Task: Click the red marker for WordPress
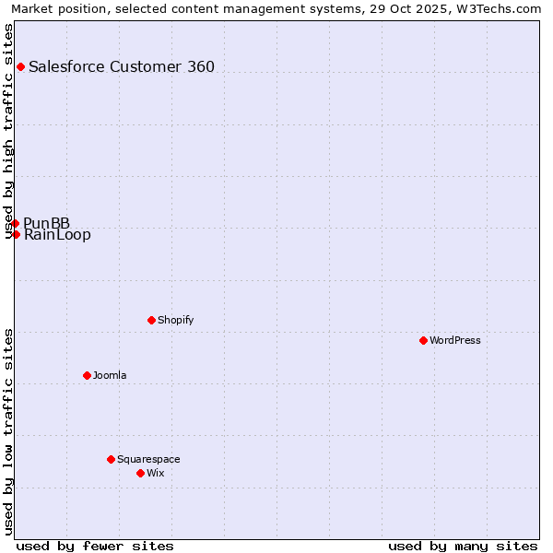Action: click(423, 340)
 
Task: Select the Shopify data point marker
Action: click(151, 320)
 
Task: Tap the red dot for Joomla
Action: click(87, 375)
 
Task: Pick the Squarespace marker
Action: click(111, 459)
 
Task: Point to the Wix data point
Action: click(140, 473)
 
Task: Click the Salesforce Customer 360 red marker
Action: click(20, 66)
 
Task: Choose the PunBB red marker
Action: click(15, 223)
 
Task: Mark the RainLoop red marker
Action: click(16, 234)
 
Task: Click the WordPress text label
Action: click(455, 340)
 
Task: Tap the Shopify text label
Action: click(176, 320)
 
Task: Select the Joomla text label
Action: click(110, 375)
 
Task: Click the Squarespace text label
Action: click(148, 459)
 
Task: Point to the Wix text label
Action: click(156, 473)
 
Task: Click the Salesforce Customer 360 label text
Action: click(122, 66)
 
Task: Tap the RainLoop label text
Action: click(57, 235)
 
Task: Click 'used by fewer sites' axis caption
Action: click(95, 546)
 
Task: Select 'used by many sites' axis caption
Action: click(463, 546)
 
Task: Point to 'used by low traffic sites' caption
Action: click(9, 431)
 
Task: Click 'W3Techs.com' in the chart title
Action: click(501, 9)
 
